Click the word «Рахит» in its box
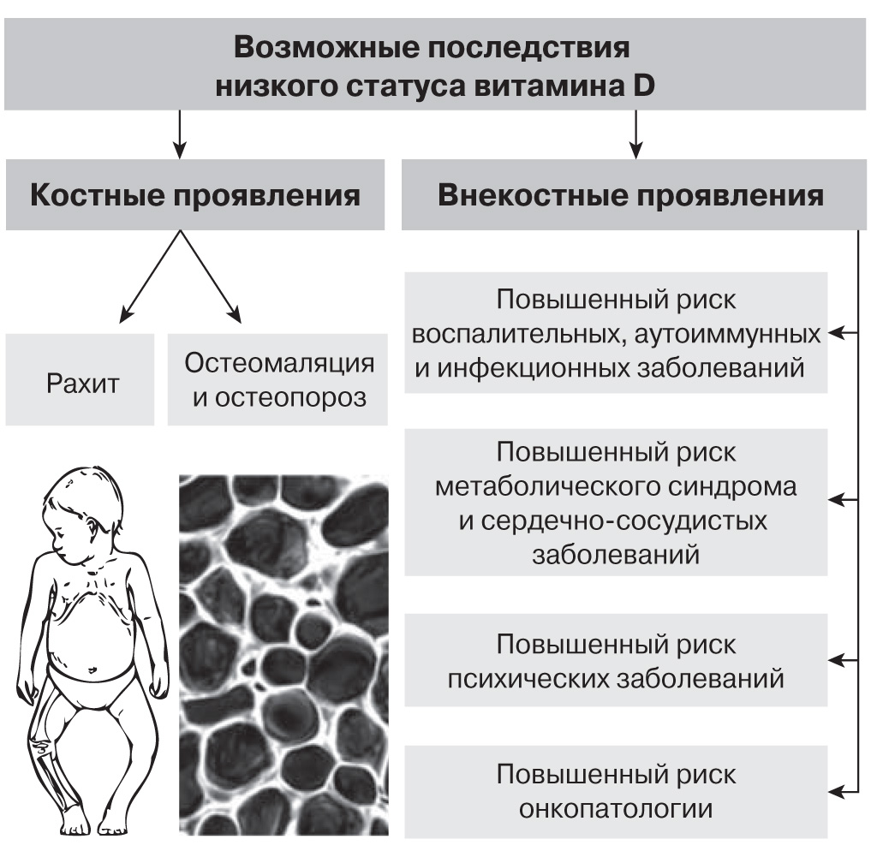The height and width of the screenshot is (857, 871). pyautogui.click(x=82, y=382)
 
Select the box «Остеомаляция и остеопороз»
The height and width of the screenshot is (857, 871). pyautogui.click(x=278, y=379)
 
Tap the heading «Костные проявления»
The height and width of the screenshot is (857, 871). pyautogui.click(x=194, y=196)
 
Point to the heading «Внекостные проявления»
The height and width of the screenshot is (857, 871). pyautogui.click(x=630, y=196)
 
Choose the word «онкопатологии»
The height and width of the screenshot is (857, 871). pyautogui.click(x=616, y=808)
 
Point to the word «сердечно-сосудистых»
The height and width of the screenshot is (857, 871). pyautogui.click(x=613, y=521)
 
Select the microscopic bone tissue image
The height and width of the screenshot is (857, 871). pyautogui.click(x=283, y=655)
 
